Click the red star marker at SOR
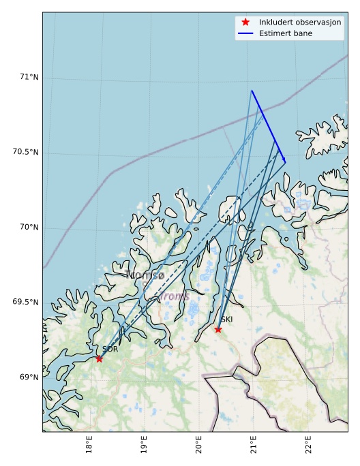tap(99, 358)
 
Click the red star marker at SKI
tap(218, 329)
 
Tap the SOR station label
tap(110, 349)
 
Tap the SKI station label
tap(226, 320)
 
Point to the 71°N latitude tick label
tap(29, 77)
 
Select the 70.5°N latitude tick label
tap(25, 152)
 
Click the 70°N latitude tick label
tap(29, 227)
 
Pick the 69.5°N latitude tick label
tap(25, 302)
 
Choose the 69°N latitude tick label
tap(29, 377)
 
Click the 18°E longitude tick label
tap(89, 446)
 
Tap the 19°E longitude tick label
tap(144, 446)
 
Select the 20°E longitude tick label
tap(198, 446)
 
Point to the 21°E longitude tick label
tap(254, 446)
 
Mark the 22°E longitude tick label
tap(308, 446)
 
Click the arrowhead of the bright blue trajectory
tap(284, 161)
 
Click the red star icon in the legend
tap(245, 22)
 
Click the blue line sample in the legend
tap(245, 33)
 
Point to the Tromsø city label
tap(145, 275)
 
